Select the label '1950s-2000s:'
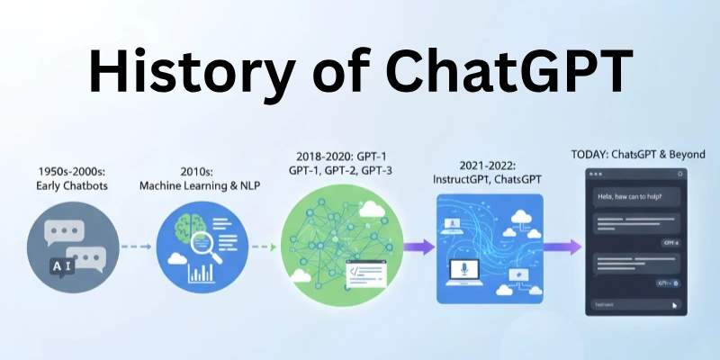tap(74, 170)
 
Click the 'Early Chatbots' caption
tap(74, 186)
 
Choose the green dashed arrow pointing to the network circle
tap(261, 246)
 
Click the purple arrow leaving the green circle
tap(418, 246)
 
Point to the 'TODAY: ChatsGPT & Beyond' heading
tap(638, 154)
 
